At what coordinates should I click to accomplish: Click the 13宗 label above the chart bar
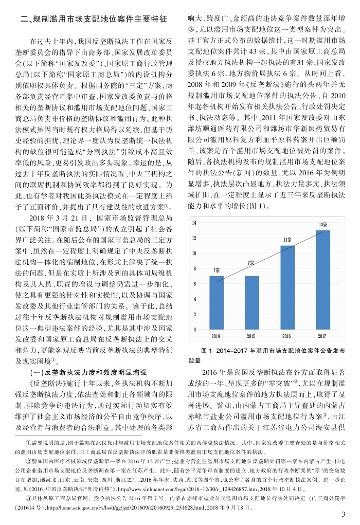tap(323, 225)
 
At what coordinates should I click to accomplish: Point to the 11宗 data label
tap(287, 240)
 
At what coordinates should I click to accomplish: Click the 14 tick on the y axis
tap(194, 224)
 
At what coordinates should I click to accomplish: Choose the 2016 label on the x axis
tap(287, 336)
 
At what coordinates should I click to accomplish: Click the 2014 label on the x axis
tap(217, 336)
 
